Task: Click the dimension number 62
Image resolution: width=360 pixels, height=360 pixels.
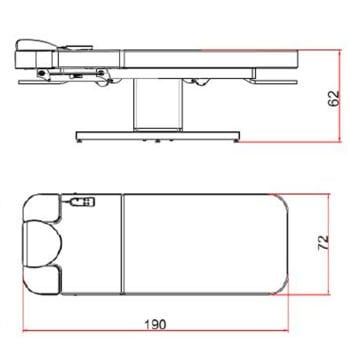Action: point(334,98)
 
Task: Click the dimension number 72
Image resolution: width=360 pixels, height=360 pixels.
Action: point(323,242)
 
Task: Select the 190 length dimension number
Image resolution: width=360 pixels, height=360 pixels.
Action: point(155,324)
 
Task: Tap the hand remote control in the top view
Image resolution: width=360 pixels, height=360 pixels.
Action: point(83,202)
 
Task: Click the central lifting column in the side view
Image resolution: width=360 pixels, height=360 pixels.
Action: point(158,105)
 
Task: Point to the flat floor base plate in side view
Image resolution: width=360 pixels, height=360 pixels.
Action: point(158,136)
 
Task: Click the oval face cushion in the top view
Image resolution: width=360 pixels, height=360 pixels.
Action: point(43,244)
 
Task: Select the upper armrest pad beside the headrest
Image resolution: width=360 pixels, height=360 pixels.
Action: point(42,208)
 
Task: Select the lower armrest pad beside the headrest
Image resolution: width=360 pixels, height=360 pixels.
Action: point(43,280)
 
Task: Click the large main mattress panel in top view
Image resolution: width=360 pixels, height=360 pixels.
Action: point(205,244)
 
